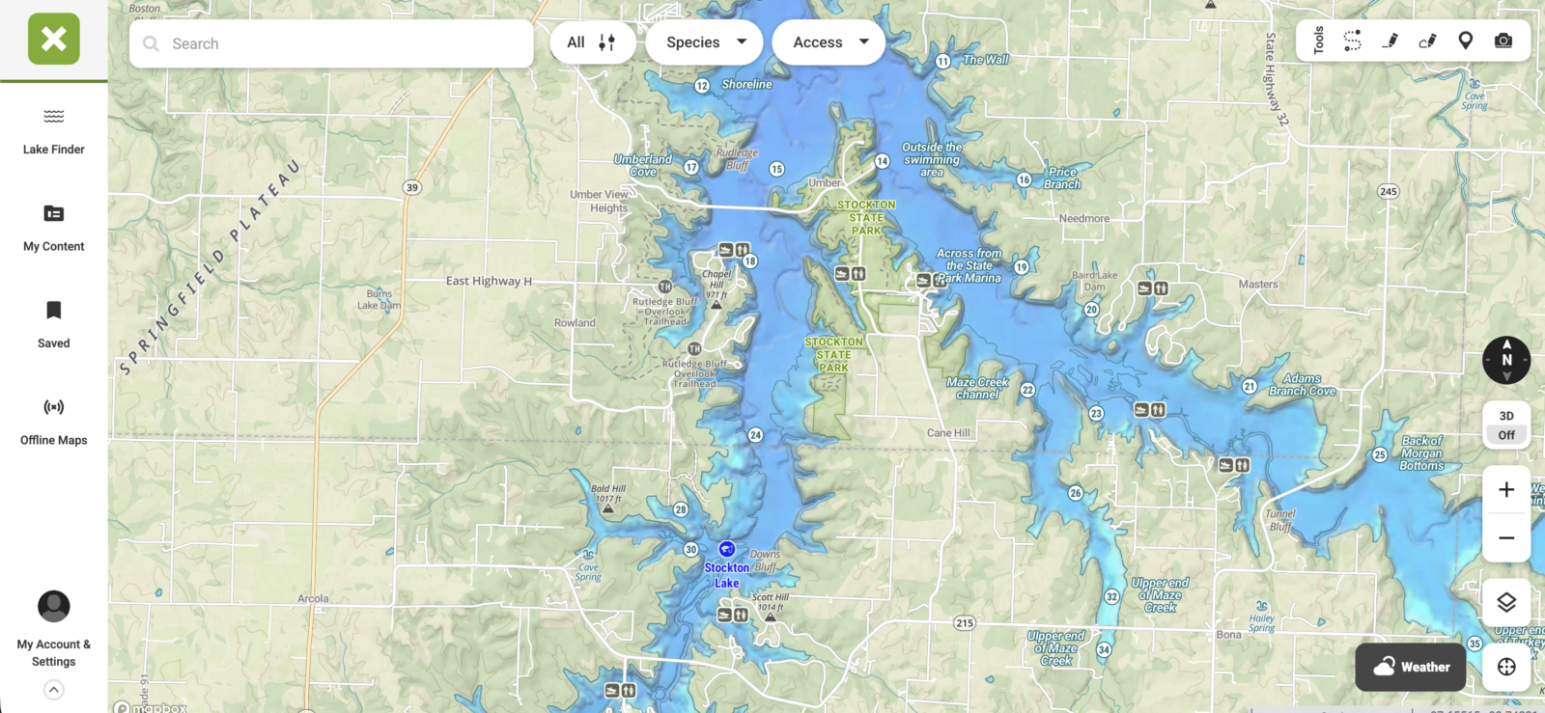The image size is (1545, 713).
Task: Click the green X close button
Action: [x=54, y=40]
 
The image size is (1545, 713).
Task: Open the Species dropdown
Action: [x=705, y=42]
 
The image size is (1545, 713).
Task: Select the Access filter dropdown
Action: [x=829, y=42]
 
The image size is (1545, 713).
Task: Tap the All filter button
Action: [x=591, y=42]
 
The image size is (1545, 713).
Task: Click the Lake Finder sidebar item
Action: [x=54, y=131]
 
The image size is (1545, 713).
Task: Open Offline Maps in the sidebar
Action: [x=54, y=422]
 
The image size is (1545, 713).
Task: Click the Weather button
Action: [x=1410, y=667]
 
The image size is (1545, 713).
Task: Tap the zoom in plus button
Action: [x=1505, y=490]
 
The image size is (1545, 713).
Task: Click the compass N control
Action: [x=1505, y=360]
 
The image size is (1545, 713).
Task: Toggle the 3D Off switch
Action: [x=1505, y=425]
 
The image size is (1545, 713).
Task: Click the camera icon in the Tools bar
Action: [x=1503, y=41]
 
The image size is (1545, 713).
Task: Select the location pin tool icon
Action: [x=1465, y=41]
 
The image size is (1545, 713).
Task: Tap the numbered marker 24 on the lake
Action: [x=755, y=435]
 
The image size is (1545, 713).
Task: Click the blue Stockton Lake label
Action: [x=726, y=575]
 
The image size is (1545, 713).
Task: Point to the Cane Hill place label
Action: [x=948, y=433]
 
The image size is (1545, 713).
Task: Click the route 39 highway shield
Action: [x=412, y=187]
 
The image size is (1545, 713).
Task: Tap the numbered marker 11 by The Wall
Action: [x=942, y=62]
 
